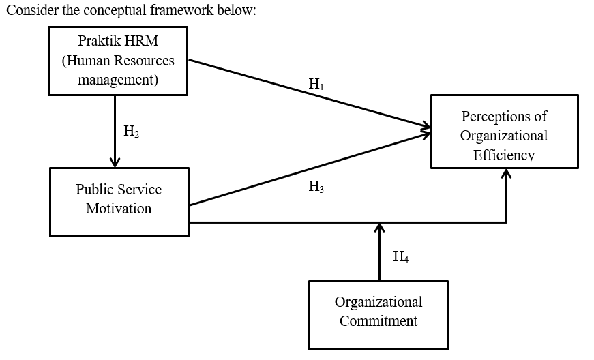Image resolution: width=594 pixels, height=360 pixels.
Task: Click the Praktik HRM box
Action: point(118,61)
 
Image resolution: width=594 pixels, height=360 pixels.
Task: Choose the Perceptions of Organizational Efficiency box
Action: point(504,131)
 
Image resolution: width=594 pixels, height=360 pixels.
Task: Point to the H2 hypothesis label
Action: point(131,132)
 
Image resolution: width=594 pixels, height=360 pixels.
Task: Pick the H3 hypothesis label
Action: point(316,187)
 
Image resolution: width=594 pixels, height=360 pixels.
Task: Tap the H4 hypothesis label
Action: point(401,257)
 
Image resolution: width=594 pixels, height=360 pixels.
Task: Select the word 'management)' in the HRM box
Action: point(118,80)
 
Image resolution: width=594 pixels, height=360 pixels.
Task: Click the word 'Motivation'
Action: point(119,209)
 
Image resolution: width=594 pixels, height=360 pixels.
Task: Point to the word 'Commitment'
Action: point(378,320)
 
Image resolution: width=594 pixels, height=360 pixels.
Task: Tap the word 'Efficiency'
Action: point(504,155)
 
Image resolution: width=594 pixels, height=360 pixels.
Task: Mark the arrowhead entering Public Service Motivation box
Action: point(115,162)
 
